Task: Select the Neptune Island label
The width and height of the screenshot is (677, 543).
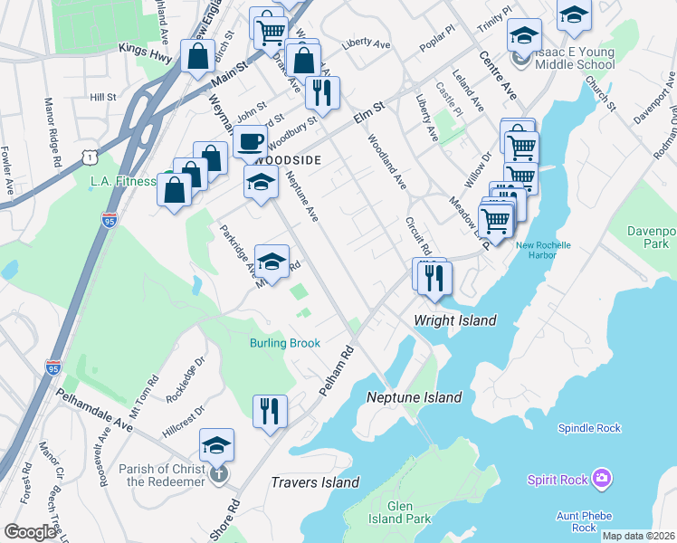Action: pos(414,397)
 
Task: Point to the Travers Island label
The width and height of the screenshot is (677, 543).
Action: pos(315,482)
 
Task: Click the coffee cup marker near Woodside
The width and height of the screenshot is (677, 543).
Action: pos(250,141)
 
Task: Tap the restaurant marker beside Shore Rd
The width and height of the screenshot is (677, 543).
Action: pos(269,410)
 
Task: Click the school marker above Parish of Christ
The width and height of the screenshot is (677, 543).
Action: pos(217,444)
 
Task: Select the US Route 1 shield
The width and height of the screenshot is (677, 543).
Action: pos(89,157)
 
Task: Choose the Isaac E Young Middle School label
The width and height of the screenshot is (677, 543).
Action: pos(574,58)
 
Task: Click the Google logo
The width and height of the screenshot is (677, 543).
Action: pos(30,532)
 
